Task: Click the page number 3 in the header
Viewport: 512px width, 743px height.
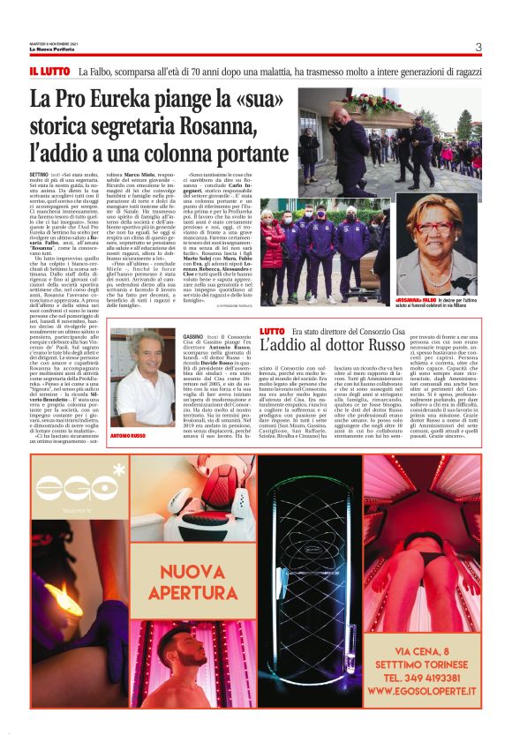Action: coord(478,47)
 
